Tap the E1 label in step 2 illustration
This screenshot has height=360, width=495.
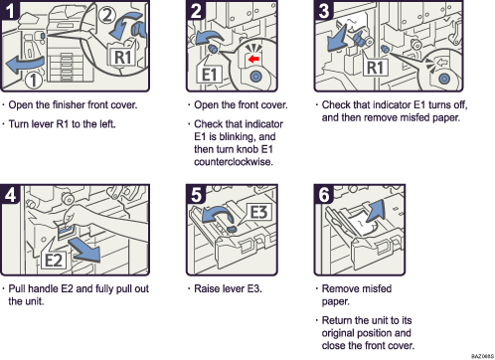pyautogui.click(x=211, y=75)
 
